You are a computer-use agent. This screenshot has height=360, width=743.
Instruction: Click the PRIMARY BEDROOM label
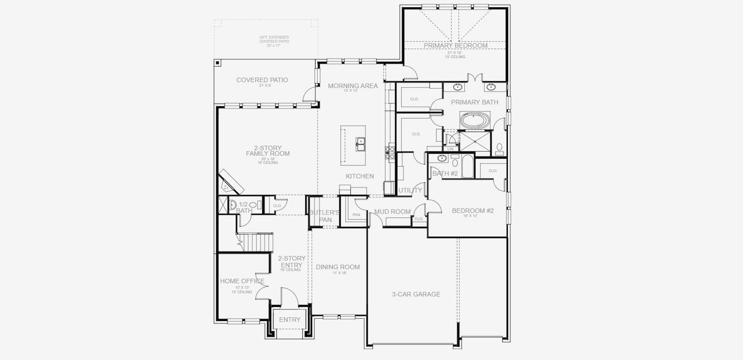(x=455, y=46)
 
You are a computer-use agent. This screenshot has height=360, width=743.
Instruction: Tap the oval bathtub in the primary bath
(x=474, y=120)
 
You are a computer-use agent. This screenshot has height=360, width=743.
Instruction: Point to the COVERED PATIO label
(x=261, y=80)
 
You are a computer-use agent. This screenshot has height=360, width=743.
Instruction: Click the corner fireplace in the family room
(x=230, y=179)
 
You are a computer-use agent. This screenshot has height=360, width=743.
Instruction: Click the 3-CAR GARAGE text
(x=416, y=294)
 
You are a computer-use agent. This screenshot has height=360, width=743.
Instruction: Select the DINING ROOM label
(x=338, y=267)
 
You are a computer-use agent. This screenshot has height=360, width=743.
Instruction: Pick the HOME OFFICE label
(x=242, y=281)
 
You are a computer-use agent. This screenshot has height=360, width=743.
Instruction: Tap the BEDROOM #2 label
(x=473, y=211)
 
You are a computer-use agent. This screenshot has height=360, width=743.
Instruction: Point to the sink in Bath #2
(x=442, y=159)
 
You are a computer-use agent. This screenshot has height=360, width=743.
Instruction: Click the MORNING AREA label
(x=353, y=86)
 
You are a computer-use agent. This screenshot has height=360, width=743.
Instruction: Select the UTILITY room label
(x=410, y=190)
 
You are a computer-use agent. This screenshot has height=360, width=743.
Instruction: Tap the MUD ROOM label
(x=392, y=212)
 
